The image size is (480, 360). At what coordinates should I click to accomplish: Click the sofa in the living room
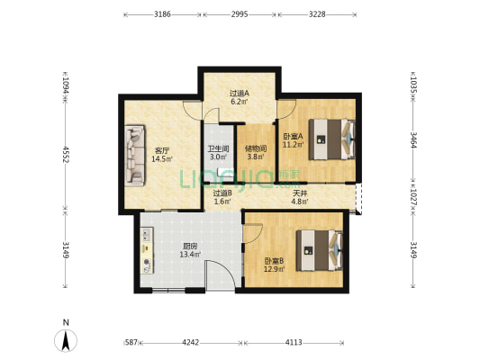tap(135, 156)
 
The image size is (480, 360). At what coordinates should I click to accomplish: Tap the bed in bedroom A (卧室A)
tap(332, 139)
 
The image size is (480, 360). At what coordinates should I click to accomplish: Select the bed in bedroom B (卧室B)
tap(320, 250)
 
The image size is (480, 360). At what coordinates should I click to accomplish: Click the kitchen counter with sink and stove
tap(147, 250)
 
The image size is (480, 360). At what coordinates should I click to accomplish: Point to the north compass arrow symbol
tap(66, 340)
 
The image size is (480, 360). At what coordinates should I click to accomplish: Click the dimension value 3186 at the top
tap(162, 14)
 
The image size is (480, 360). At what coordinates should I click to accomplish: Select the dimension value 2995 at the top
tap(240, 14)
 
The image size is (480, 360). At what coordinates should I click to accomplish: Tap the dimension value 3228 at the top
tap(317, 14)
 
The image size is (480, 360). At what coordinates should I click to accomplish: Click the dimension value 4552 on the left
tap(65, 154)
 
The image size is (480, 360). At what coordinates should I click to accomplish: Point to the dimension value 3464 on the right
tap(413, 140)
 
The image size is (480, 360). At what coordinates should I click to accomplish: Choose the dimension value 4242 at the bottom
tap(190, 342)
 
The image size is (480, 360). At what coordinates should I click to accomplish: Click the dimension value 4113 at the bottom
tap(294, 342)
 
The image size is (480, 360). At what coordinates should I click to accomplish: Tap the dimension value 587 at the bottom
tap(131, 342)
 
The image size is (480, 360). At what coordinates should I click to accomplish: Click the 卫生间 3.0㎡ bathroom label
tap(218, 153)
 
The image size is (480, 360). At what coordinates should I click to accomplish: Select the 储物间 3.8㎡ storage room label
tap(256, 153)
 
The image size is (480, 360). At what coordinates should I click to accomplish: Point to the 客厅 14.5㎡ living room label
tap(162, 155)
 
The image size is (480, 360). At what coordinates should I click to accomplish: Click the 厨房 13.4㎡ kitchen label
tap(190, 250)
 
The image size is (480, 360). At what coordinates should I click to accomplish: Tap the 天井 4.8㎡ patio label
tap(300, 197)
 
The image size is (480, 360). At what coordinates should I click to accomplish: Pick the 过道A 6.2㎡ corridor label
tap(240, 97)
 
